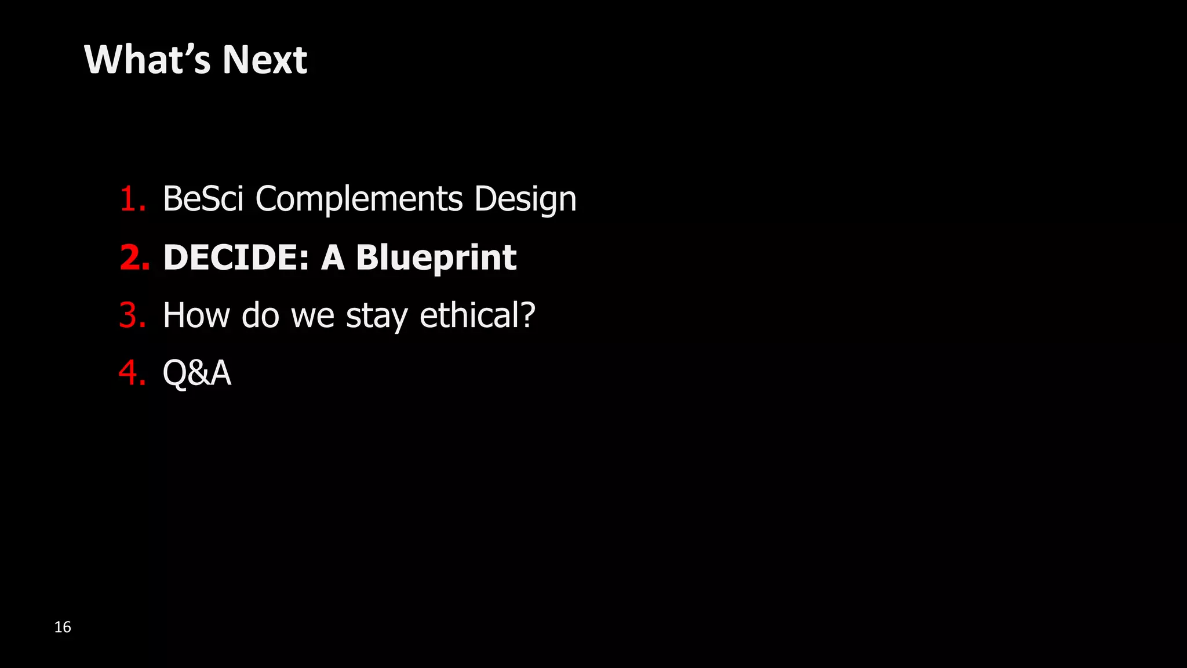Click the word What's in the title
point(147,60)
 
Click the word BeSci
point(203,199)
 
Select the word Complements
point(359,199)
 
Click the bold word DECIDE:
point(236,257)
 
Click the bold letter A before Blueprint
point(333,257)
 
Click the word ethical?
point(477,315)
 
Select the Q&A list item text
point(197,373)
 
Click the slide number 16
point(63,627)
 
